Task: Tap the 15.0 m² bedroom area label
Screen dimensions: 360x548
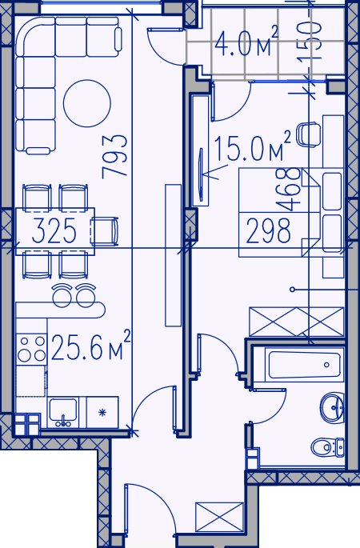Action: click(x=252, y=146)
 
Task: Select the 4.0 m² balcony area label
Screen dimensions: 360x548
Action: click(x=246, y=42)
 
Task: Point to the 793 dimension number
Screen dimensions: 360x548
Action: click(x=114, y=157)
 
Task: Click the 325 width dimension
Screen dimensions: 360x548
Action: click(x=54, y=230)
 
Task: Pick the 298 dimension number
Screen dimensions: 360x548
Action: click(x=268, y=230)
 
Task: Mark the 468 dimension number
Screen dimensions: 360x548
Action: click(x=288, y=190)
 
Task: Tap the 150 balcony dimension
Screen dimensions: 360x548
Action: click(x=310, y=40)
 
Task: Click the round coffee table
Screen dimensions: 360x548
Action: click(x=87, y=103)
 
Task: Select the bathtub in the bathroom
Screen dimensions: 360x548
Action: click(x=305, y=365)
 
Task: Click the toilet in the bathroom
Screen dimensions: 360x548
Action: click(x=327, y=446)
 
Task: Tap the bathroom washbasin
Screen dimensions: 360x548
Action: click(x=332, y=407)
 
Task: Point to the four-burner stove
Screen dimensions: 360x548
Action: click(x=31, y=350)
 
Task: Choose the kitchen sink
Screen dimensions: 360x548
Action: click(x=63, y=412)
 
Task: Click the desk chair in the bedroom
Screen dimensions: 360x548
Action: click(x=309, y=134)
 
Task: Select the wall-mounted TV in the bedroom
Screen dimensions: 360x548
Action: click(x=201, y=174)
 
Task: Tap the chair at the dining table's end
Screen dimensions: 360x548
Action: click(x=105, y=231)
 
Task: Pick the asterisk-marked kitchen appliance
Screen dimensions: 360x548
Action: click(x=102, y=412)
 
